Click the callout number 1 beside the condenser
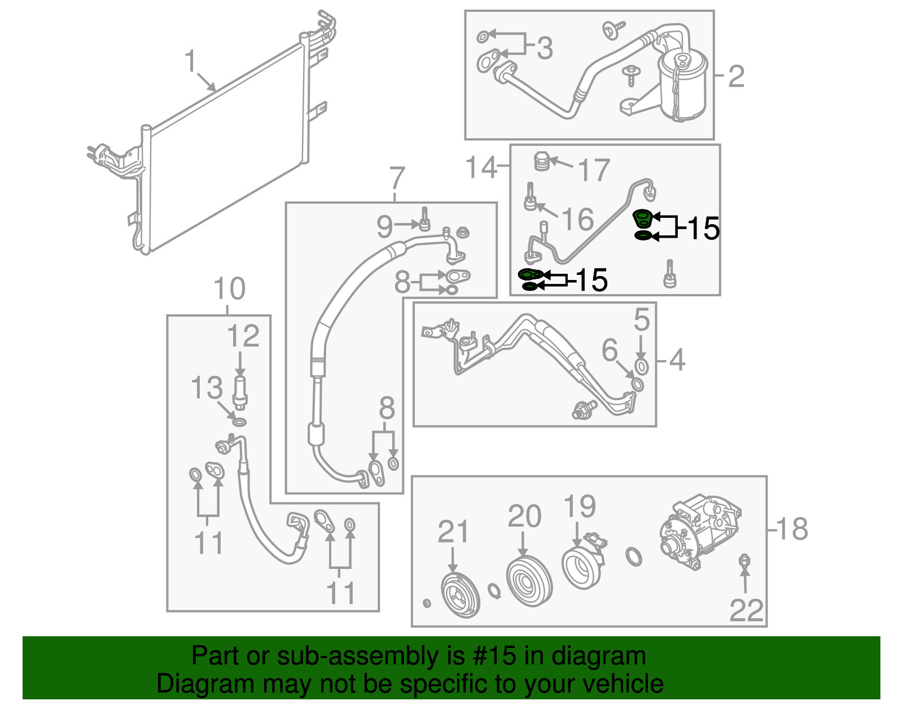pyautogui.click(x=191, y=61)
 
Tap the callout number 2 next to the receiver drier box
pyautogui.click(x=736, y=76)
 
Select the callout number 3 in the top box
pyautogui.click(x=544, y=49)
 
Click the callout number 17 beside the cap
pyautogui.click(x=594, y=170)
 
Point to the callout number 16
pyautogui.click(x=578, y=219)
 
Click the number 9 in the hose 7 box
pyautogui.click(x=384, y=227)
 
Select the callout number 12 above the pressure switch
pyautogui.click(x=243, y=336)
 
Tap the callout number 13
pyautogui.click(x=207, y=388)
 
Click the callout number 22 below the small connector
pyautogui.click(x=746, y=610)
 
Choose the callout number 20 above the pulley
pyautogui.click(x=524, y=516)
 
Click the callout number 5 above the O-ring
pyautogui.click(x=642, y=320)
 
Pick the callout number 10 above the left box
pyautogui.click(x=230, y=289)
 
